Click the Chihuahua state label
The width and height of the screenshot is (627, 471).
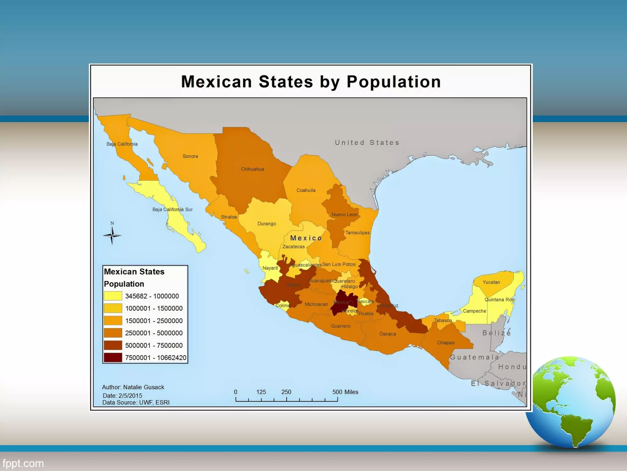(x=252, y=169)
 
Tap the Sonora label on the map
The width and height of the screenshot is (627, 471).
(x=190, y=156)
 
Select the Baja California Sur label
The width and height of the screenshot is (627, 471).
(x=172, y=210)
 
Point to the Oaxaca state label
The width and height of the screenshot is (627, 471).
(x=387, y=334)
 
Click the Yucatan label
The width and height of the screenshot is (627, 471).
(x=491, y=282)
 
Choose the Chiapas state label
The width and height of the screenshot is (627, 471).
(x=445, y=343)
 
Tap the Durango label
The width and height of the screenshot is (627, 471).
(x=267, y=224)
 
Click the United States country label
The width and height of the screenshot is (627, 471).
(x=367, y=143)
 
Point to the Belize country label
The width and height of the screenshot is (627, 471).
(x=497, y=333)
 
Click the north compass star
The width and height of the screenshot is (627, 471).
(x=112, y=235)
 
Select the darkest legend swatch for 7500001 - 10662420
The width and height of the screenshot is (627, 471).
(x=113, y=358)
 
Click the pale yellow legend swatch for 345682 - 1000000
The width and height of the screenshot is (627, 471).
(x=113, y=296)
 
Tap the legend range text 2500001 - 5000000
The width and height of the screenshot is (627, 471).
(x=154, y=333)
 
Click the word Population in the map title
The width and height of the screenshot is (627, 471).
(x=393, y=82)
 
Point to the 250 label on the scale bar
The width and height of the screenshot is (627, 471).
(x=286, y=392)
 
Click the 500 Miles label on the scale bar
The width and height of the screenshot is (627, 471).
(x=345, y=392)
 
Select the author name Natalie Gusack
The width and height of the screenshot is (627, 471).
(x=144, y=387)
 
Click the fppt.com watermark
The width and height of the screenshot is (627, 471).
(x=23, y=463)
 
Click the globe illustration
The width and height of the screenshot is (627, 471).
(x=571, y=402)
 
